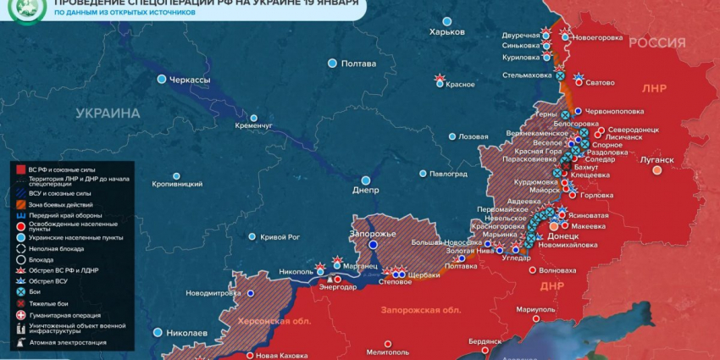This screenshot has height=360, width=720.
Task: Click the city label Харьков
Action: [447, 31]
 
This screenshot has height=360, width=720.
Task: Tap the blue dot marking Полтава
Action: [333, 64]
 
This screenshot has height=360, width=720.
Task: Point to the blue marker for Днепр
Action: [367, 180]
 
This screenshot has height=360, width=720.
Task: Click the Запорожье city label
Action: [373, 233]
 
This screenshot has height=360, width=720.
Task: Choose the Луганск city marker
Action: [656, 169]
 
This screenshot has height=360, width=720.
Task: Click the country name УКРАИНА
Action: [108, 113]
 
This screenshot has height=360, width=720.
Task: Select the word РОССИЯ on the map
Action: [656, 43]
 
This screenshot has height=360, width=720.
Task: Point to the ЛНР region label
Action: [654, 87]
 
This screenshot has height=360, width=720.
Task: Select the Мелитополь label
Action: [388, 351]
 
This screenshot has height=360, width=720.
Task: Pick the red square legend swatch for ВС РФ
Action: [19, 170]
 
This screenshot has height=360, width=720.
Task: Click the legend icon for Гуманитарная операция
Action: [19, 314]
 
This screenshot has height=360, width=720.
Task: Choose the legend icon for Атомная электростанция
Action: [19, 342]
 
